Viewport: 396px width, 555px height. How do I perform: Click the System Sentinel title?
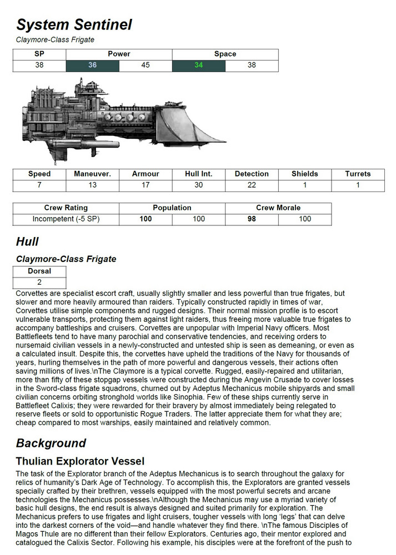click(74, 25)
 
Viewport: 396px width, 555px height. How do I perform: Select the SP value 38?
click(39, 65)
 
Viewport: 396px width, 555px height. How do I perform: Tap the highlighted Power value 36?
click(92, 65)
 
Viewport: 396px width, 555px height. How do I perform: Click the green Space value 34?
click(198, 65)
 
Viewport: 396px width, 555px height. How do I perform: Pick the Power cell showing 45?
click(146, 65)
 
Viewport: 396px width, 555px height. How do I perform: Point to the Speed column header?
click(39, 174)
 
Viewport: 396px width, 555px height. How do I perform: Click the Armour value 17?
click(146, 185)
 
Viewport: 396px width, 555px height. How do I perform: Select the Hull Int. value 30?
click(198, 185)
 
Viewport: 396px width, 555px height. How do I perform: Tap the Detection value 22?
click(252, 185)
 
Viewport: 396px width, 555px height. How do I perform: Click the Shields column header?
click(304, 174)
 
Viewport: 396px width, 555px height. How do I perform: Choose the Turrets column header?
click(358, 174)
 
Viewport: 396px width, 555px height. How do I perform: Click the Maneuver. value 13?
click(92, 185)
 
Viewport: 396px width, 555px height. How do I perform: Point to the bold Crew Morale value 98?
click(252, 219)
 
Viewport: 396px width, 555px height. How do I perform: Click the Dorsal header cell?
click(39, 271)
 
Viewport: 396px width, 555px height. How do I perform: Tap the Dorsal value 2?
click(39, 282)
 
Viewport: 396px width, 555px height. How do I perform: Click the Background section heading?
click(51, 443)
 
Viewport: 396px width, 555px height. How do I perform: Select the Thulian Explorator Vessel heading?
click(80, 461)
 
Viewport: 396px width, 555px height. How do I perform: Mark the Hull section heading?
click(27, 241)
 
